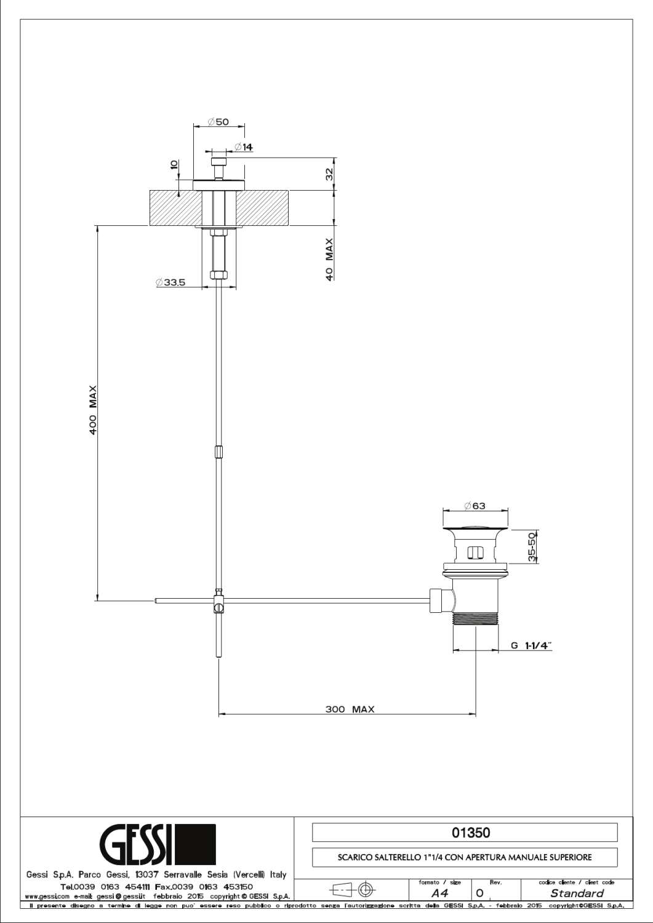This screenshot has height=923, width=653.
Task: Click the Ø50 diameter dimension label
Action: point(218,122)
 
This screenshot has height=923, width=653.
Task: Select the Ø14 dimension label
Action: point(244,147)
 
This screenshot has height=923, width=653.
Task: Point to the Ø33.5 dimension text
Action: point(171,282)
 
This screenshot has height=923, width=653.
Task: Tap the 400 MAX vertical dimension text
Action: point(94,411)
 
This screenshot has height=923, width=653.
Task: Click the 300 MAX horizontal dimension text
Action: point(350,709)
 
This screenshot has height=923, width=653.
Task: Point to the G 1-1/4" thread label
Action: point(531,645)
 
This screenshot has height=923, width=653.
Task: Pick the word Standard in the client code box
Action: point(576,893)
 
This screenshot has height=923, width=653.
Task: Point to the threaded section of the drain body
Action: point(476,620)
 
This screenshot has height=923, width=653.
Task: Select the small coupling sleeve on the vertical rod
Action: point(218,452)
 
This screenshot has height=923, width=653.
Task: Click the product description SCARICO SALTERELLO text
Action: point(465,857)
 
